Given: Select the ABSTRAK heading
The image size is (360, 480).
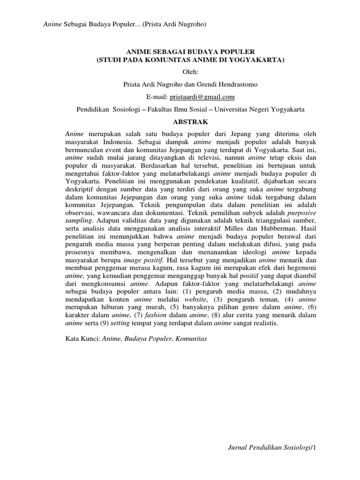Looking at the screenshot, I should (190, 121).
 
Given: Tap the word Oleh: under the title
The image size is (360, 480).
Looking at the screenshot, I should (190, 72).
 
